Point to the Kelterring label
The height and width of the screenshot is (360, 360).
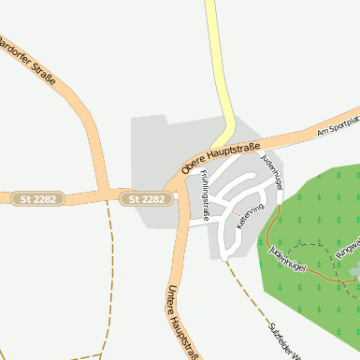point(251,217)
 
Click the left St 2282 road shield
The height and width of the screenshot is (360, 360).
point(37,198)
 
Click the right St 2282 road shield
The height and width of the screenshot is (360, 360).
point(147,198)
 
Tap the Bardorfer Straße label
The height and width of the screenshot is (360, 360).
point(28,62)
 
